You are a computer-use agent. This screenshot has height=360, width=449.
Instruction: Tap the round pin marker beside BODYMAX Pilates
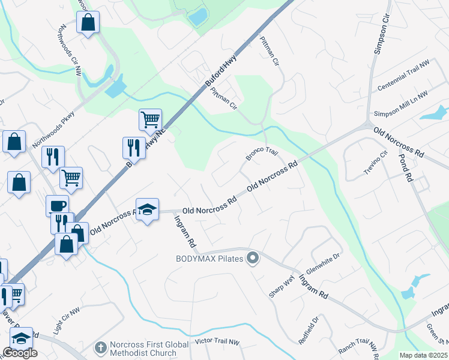[x=253, y=259]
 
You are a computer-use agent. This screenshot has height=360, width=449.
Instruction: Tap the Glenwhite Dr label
[x=323, y=263]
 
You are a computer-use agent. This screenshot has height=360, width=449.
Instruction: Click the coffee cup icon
[x=58, y=205]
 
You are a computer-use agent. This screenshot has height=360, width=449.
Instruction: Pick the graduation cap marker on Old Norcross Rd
[x=148, y=209]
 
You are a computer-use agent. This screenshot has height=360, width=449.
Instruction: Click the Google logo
[x=20, y=353]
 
